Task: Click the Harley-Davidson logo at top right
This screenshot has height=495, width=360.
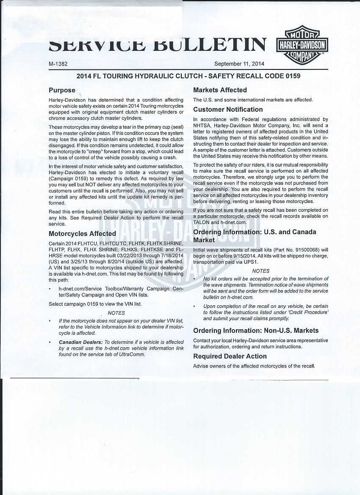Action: coord(302,44)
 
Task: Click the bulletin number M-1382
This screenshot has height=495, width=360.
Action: coord(58,64)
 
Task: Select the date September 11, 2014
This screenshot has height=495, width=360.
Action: coord(239,64)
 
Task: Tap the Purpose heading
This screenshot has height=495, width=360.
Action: coord(62,90)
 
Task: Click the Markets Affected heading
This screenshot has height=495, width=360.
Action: coord(220,90)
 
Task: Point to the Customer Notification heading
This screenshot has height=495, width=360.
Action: coord(228,109)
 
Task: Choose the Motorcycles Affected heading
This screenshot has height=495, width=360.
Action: coord(82,233)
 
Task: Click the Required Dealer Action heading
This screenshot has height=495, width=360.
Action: coord(230,356)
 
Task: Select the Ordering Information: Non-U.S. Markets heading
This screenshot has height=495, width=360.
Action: coord(256,330)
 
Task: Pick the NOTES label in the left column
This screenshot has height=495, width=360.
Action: coord(116,313)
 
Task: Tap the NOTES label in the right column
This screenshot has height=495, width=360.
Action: coord(260,271)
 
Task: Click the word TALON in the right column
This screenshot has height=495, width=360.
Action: coord(202,222)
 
